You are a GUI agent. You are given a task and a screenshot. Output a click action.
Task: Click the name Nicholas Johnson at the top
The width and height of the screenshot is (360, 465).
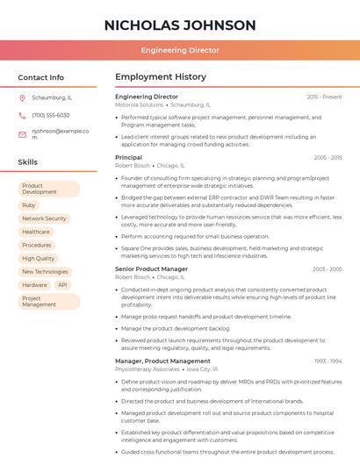click(180, 25)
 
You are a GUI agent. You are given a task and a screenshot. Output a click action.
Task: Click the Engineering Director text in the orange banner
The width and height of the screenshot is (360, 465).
click(180, 50)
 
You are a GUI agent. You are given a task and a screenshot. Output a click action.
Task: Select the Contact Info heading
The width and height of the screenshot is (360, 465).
click(41, 77)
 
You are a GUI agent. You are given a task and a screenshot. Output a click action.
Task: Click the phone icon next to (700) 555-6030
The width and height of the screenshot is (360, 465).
click(22, 115)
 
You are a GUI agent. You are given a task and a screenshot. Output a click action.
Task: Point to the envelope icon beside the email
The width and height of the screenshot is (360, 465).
click(22, 134)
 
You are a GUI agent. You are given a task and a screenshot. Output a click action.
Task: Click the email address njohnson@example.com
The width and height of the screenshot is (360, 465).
click(61, 133)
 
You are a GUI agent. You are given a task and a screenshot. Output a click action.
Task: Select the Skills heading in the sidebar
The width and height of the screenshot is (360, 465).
click(28, 162)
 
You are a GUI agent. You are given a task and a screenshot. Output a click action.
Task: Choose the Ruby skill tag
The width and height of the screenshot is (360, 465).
click(29, 204)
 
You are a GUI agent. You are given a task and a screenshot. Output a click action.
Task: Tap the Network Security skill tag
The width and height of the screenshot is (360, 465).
click(44, 218)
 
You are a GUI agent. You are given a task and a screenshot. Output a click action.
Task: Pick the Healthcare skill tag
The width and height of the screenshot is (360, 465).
click(36, 232)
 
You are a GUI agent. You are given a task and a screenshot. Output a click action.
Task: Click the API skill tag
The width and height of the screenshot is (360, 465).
click(62, 285)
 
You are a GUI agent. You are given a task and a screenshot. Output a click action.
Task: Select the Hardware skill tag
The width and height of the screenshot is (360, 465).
click(34, 285)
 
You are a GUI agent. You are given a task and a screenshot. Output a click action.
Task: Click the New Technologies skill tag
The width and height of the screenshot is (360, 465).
click(45, 272)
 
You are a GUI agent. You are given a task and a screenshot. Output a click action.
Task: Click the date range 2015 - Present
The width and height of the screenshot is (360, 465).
click(324, 97)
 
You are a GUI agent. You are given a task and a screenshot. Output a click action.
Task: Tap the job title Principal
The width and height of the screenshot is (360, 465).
click(128, 157)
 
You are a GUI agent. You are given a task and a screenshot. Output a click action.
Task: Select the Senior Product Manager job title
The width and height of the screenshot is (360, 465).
click(151, 269)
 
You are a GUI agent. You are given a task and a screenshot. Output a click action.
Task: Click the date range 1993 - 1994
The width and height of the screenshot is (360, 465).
click(328, 361)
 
